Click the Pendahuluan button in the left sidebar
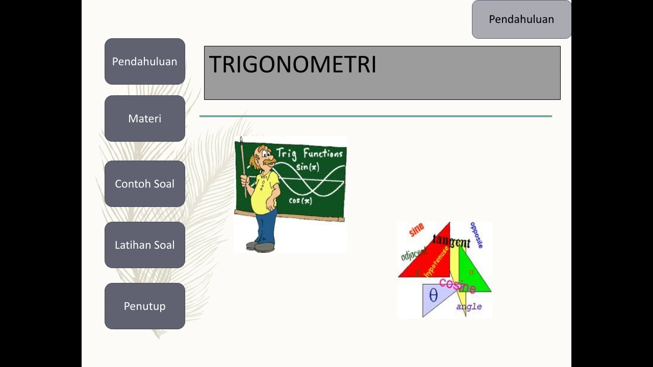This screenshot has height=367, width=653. (145, 62)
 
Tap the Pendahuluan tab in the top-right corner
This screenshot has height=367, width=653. (521, 19)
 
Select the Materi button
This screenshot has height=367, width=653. (145, 119)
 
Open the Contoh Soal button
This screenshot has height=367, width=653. (145, 184)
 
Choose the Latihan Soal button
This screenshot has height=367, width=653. (145, 245)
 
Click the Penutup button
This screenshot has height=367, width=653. (145, 306)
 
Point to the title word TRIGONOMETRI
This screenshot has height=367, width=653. (292, 65)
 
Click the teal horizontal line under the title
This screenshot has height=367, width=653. (375, 116)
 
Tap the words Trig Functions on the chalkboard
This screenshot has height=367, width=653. (310, 153)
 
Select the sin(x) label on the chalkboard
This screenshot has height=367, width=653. (307, 167)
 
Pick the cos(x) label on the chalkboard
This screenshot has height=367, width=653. (300, 201)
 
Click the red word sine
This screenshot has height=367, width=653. (417, 230)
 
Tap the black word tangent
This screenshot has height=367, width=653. (451, 241)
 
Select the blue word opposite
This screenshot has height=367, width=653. (476, 235)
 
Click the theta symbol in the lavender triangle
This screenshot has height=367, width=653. (433, 296)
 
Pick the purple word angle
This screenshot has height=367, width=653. (469, 307)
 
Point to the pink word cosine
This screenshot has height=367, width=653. (458, 285)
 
